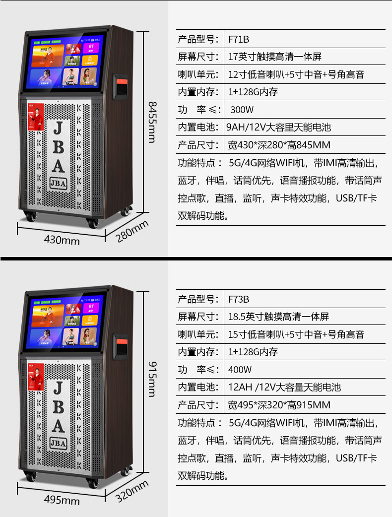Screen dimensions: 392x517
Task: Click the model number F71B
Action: point(238,39)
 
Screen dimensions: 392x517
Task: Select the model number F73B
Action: point(239,299)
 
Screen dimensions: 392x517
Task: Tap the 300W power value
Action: point(242,110)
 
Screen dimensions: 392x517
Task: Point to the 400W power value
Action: point(240,370)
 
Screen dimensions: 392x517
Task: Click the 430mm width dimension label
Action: point(62,240)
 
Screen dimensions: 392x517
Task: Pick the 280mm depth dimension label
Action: point(132,231)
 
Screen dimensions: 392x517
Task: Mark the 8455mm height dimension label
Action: point(152,122)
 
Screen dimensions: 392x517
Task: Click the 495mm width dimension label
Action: point(62,500)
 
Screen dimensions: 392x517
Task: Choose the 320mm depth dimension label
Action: point(132,491)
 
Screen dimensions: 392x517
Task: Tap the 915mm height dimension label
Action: point(152,379)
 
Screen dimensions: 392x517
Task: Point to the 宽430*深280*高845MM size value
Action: point(279,145)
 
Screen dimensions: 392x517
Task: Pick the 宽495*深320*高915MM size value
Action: point(279,405)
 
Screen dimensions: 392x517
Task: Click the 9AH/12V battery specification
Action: point(278,128)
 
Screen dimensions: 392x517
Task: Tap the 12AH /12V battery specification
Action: point(284,387)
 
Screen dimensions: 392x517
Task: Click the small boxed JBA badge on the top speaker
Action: point(58,183)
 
